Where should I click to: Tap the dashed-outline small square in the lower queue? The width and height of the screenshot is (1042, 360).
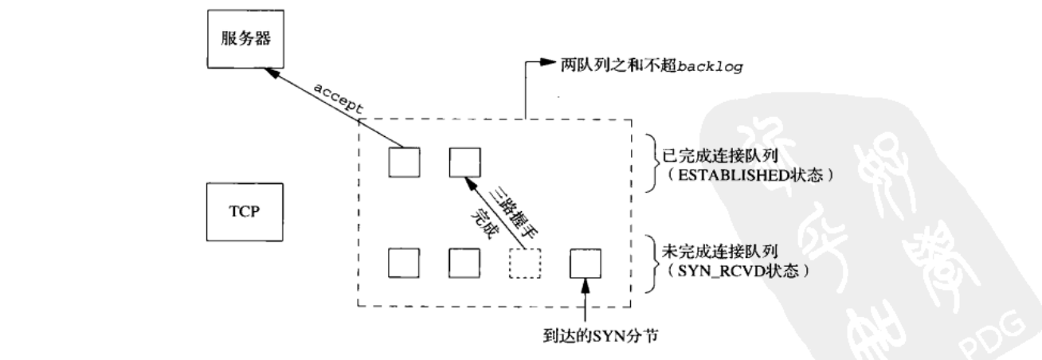(524, 262)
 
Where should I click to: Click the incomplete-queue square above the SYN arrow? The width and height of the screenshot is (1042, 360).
(586, 262)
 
